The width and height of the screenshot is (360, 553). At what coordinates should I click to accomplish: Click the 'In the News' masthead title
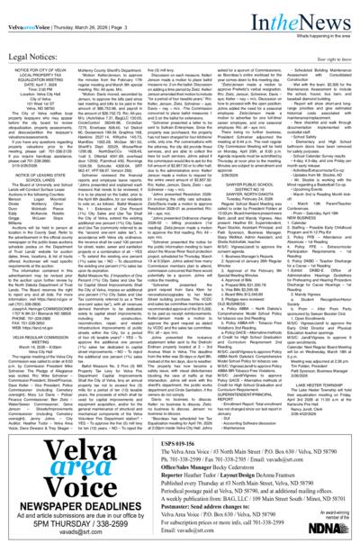[317, 11]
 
